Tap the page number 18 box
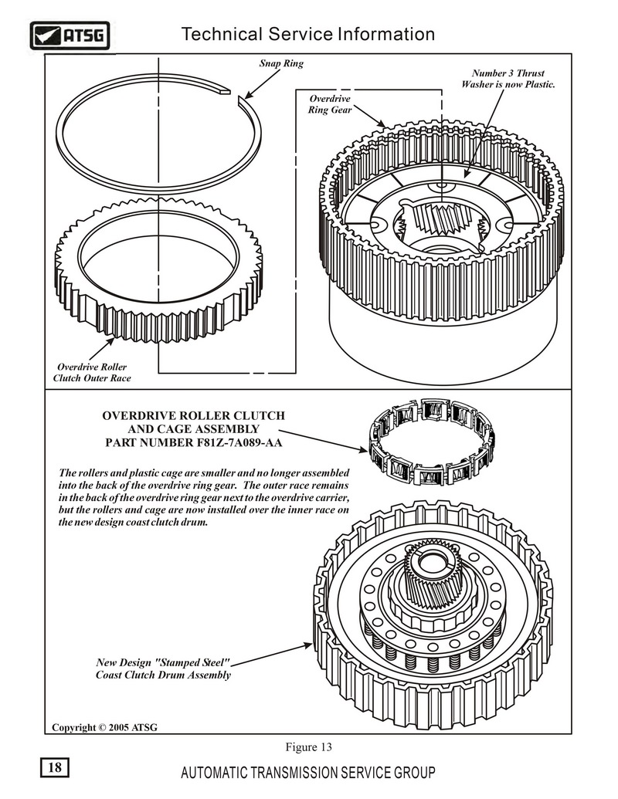pyautogui.click(x=55, y=767)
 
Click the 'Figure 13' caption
pyautogui.click(x=308, y=747)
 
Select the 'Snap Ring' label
pyautogui.click(x=281, y=63)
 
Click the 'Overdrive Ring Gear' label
pyautogui.click(x=330, y=104)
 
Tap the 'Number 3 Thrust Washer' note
pyautogui.click(x=508, y=78)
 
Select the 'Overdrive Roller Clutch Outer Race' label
pyautogui.click(x=92, y=372)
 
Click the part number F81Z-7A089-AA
pyautogui.click(x=194, y=442)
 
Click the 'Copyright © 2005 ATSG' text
pyautogui.click(x=104, y=727)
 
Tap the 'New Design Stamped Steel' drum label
pyautogui.click(x=163, y=669)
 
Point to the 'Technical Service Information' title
pyautogui.click(x=307, y=35)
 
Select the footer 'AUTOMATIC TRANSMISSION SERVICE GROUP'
pyautogui.click(x=307, y=773)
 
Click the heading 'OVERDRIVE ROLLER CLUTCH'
pyautogui.click(x=194, y=416)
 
